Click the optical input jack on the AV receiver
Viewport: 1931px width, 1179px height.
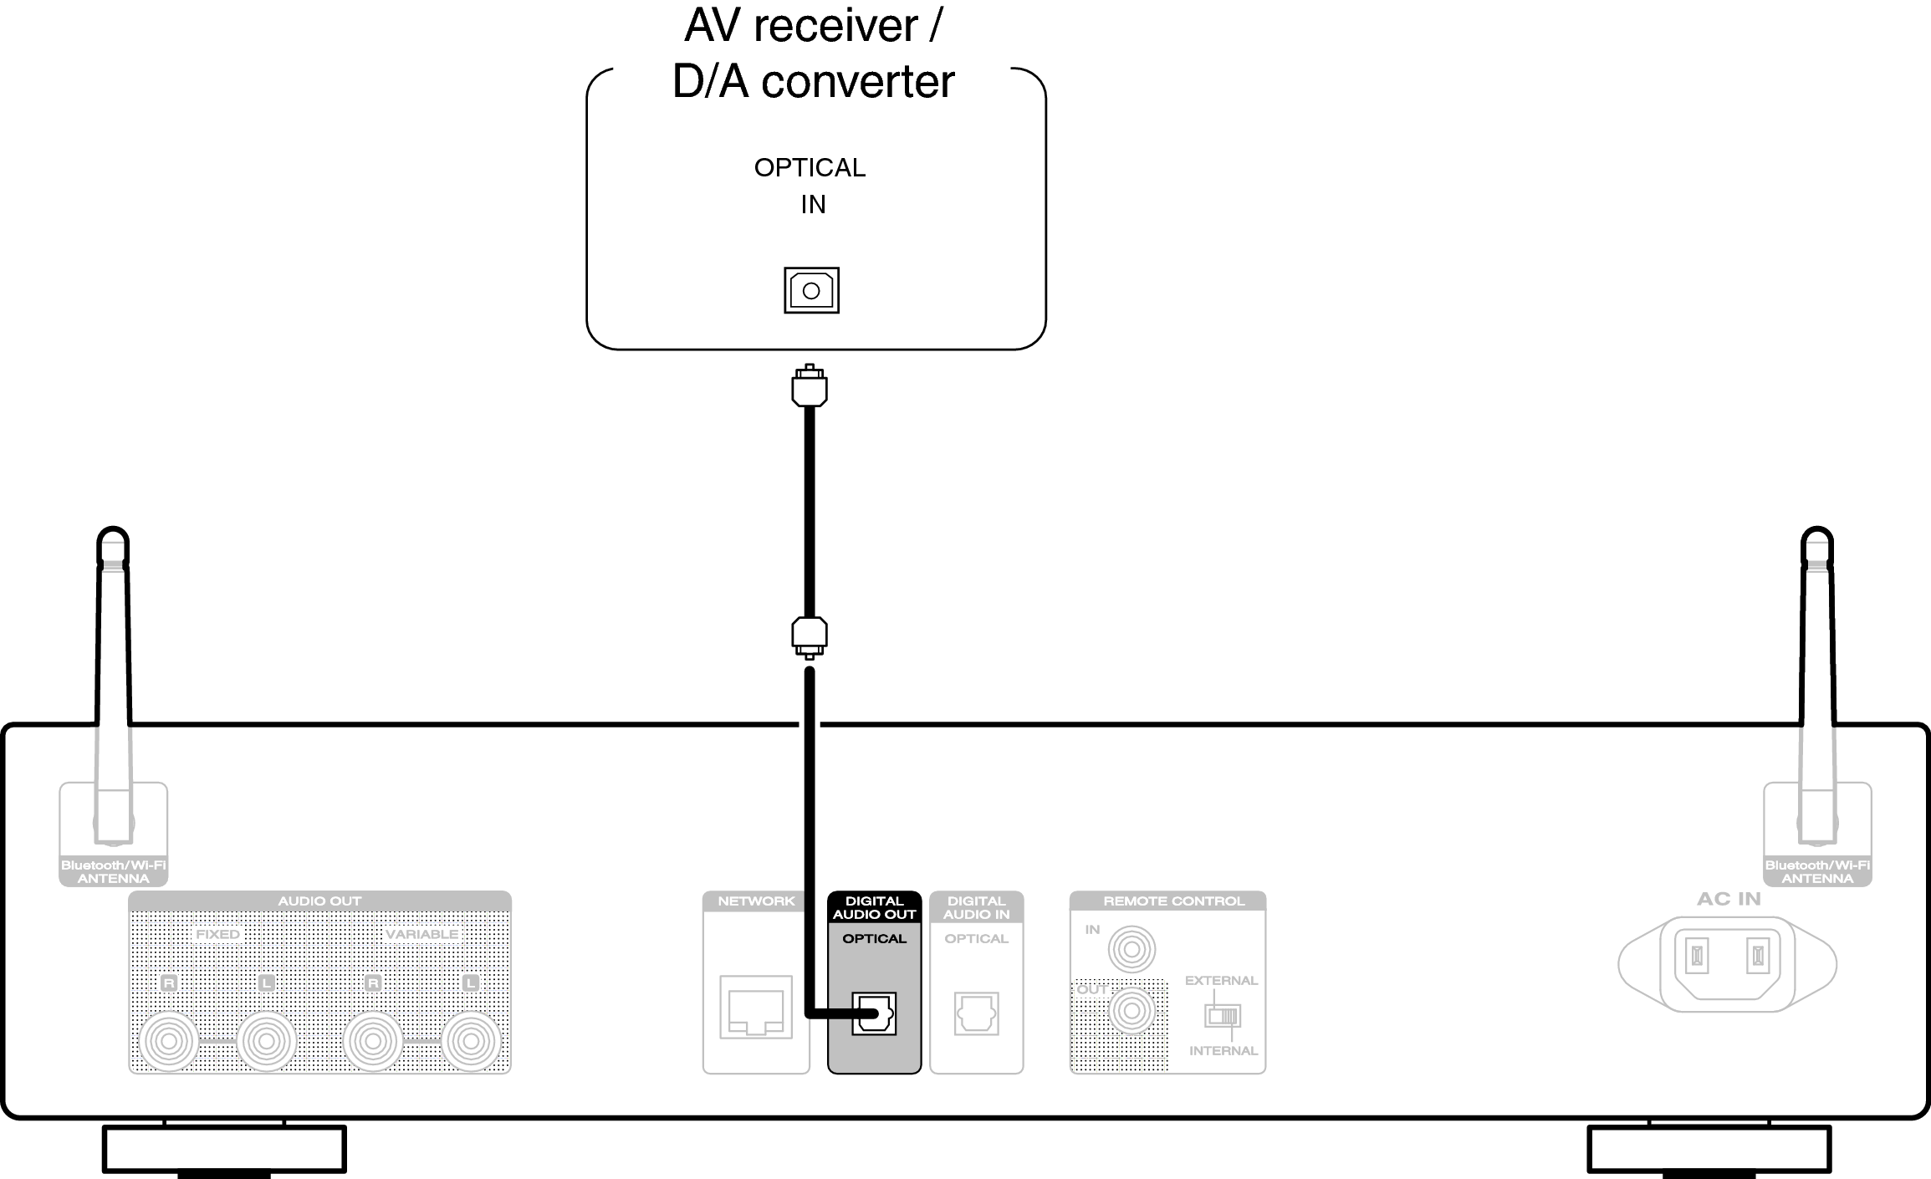pos(810,290)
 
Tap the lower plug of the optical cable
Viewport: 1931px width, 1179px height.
pos(809,635)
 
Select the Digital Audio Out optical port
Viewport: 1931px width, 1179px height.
pos(874,1013)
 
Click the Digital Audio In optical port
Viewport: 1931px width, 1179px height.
pos(976,1013)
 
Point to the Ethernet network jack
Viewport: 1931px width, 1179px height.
pos(756,1007)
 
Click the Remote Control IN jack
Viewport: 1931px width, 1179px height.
pos(1132,950)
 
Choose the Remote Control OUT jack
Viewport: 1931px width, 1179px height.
pos(1132,1011)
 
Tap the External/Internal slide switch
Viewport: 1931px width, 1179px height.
pos(1222,1016)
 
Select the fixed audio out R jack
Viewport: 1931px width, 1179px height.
pos(169,1042)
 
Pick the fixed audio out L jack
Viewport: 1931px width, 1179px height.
pos(267,1042)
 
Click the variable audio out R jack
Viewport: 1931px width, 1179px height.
pos(373,1042)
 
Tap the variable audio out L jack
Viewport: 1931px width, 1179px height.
pos(471,1042)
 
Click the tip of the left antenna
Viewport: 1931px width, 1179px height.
pos(113,535)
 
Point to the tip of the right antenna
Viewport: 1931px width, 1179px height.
pos(1816,535)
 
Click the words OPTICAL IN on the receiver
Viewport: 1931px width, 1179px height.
pos(810,185)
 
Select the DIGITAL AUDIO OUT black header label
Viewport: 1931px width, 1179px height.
pos(874,907)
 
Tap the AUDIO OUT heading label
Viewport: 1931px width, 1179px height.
pos(319,901)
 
